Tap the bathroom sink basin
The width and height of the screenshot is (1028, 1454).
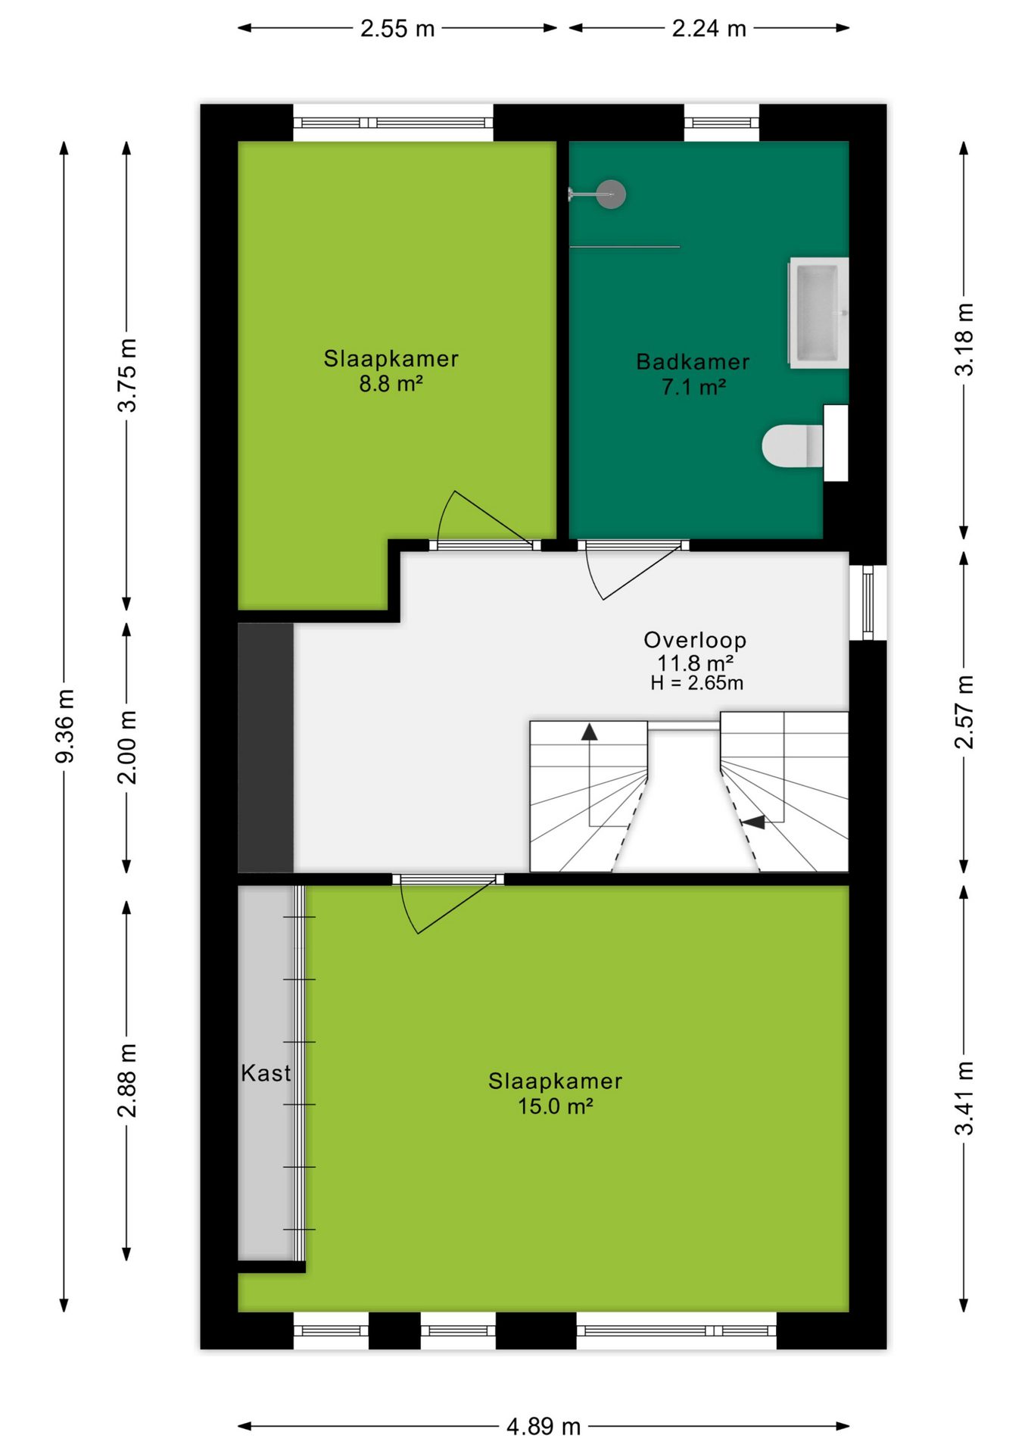click(x=818, y=312)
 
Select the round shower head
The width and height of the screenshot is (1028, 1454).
click(x=611, y=195)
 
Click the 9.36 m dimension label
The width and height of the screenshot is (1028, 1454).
click(x=65, y=725)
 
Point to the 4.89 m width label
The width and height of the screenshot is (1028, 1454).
click(x=544, y=1427)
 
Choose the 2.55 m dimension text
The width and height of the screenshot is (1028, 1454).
click(x=397, y=29)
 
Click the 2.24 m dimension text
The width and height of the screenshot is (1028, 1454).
click(x=709, y=29)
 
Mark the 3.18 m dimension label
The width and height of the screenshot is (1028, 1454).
click(x=964, y=339)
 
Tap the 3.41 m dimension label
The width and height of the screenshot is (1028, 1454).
click(x=964, y=1098)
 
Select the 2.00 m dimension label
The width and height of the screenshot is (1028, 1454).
click(x=127, y=747)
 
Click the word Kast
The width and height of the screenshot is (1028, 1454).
click(x=266, y=1073)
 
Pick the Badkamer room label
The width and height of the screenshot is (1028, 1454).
click(x=693, y=362)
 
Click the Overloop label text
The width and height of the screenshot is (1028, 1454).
click(x=695, y=640)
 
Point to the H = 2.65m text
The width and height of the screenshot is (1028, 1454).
click(x=696, y=683)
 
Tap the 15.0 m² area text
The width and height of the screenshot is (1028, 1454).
click(x=555, y=1106)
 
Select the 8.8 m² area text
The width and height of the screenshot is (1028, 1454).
click(x=391, y=384)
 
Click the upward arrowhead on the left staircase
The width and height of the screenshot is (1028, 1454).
click(x=590, y=732)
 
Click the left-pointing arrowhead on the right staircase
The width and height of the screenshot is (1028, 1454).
click(x=753, y=822)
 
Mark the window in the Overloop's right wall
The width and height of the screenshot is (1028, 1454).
click(x=868, y=603)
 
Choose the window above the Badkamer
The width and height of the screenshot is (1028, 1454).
click(x=721, y=123)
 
